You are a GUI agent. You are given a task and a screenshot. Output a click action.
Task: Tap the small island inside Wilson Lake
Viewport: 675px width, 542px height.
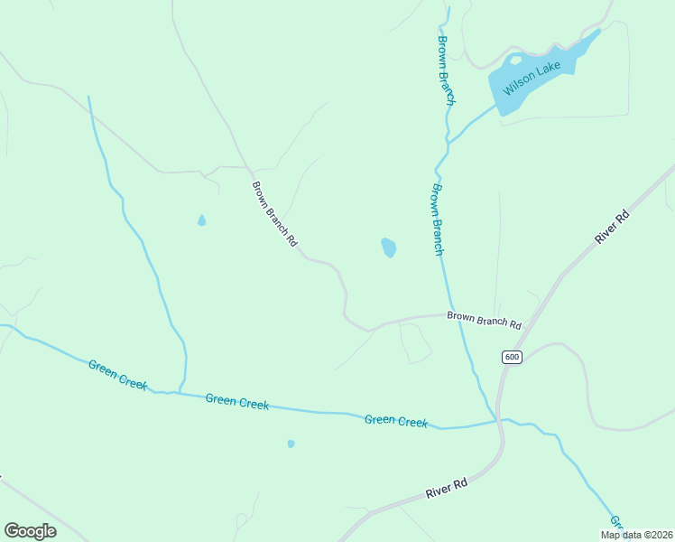pyautogui.click(x=516, y=61)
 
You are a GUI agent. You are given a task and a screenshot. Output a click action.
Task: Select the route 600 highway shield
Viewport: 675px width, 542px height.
pyautogui.click(x=512, y=357)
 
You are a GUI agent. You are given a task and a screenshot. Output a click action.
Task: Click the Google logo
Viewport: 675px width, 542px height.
pyautogui.click(x=30, y=531)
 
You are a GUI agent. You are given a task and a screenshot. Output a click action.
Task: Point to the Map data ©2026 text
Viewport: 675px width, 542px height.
pyautogui.click(x=636, y=535)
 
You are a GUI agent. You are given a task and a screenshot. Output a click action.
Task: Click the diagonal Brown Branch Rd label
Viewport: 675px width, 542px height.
pyautogui.click(x=274, y=213)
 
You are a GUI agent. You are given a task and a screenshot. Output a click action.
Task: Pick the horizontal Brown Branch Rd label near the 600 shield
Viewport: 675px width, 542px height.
pyautogui.click(x=485, y=319)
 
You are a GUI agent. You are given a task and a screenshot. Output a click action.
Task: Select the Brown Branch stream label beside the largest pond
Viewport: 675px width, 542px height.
pyautogui.click(x=437, y=220)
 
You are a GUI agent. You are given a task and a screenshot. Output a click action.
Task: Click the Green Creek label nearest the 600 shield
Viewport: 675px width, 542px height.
pyautogui.click(x=395, y=421)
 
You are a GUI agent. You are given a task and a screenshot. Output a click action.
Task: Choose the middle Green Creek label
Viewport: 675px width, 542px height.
pyautogui.click(x=236, y=402)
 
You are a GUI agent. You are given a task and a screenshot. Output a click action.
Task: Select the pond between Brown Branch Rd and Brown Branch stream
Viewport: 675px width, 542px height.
pyautogui.click(x=388, y=247)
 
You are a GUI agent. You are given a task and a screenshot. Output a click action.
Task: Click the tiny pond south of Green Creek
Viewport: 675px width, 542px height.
pyautogui.click(x=291, y=444)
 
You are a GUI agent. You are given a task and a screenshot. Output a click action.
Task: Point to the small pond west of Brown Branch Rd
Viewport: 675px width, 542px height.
pyautogui.click(x=201, y=220)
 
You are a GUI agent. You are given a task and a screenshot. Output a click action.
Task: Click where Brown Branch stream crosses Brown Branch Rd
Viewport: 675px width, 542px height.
pyautogui.click(x=454, y=314)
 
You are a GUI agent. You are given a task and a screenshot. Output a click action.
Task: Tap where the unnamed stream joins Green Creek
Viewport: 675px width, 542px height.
pyautogui.click(x=179, y=392)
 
